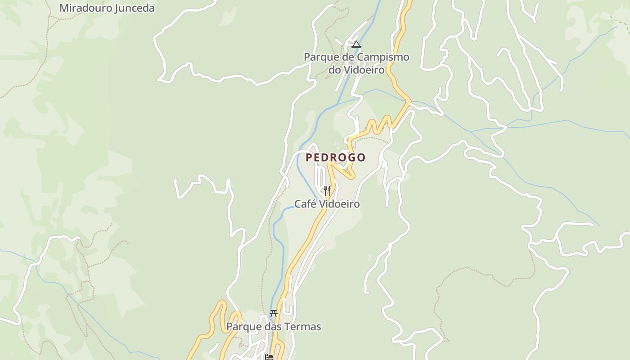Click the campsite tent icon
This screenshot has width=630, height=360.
tap(356, 44)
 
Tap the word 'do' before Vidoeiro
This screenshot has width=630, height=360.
tap(335, 70)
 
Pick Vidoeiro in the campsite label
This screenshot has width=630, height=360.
tap(364, 70)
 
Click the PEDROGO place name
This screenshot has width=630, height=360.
tap(336, 157)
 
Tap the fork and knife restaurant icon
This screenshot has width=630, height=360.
tap(327, 190)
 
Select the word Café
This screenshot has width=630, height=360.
tap(305, 204)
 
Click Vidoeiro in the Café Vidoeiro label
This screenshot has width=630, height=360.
tap(338, 204)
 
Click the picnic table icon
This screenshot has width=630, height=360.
tap(273, 313)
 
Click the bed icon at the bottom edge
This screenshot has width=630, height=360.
tap(269, 357)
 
